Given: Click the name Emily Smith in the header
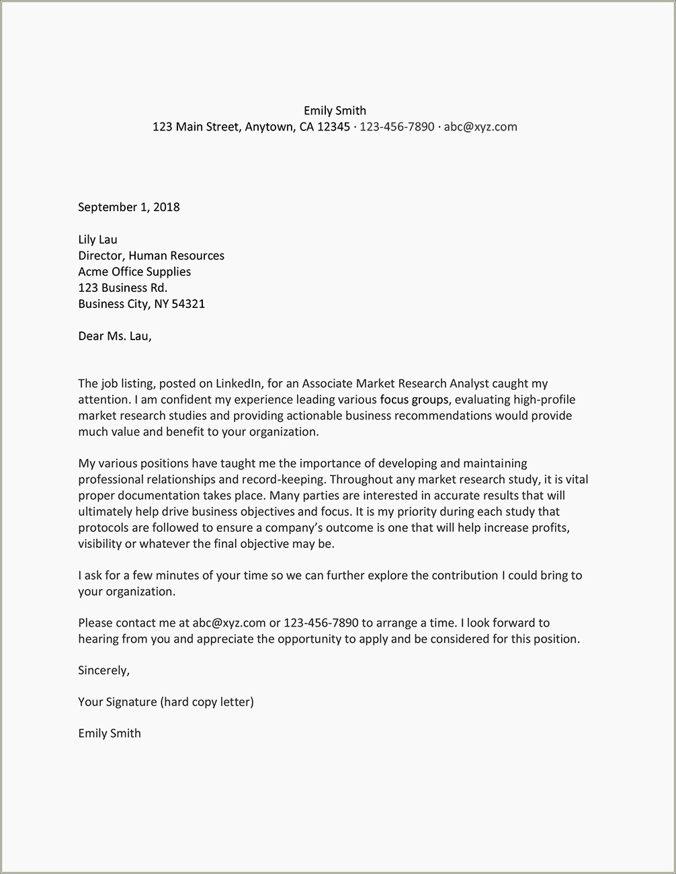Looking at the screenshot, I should tap(335, 111).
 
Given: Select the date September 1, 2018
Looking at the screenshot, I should tap(129, 207).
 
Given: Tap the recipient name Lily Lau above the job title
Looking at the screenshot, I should tap(97, 239).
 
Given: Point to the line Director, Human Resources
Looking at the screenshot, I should tap(151, 255).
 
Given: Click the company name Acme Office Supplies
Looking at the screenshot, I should tap(134, 272).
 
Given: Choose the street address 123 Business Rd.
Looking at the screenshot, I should tap(122, 288).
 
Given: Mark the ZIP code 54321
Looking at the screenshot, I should tap(188, 304).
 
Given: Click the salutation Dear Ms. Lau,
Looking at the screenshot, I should tap(115, 336).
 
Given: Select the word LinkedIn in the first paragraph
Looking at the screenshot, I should tap(239, 384).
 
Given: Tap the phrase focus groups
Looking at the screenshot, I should tap(414, 400).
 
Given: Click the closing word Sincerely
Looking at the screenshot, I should tap(103, 670).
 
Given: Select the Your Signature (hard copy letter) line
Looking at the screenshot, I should tap(166, 702).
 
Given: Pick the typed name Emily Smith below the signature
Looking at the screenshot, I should tap(110, 733).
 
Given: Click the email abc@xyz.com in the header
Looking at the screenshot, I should tap(480, 127).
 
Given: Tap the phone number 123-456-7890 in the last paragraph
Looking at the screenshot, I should tap(321, 623).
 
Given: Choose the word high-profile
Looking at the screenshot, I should tap(544, 400).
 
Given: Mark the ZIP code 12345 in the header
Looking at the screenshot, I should tap(334, 127).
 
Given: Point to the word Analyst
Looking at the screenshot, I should tap(469, 384).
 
